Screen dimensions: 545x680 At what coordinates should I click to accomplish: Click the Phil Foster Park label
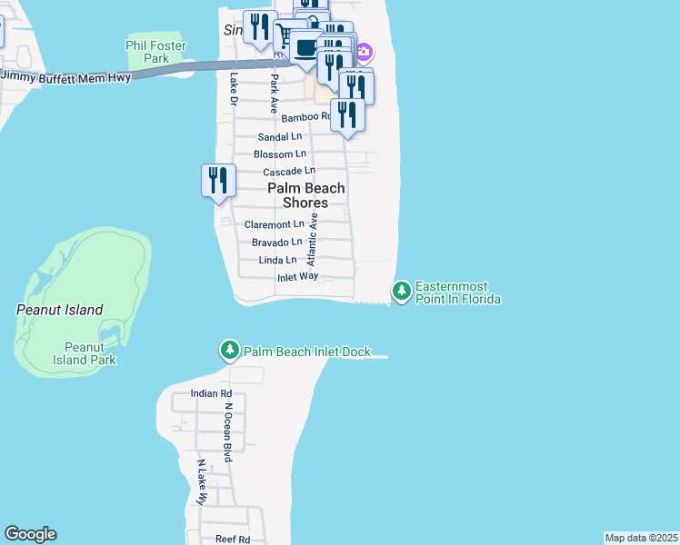click(x=155, y=52)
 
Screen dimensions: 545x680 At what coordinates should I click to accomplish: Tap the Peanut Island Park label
click(x=90, y=353)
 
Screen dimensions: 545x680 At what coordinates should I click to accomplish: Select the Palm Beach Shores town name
click(x=305, y=195)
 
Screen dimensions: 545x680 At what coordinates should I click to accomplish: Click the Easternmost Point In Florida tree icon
click(x=401, y=291)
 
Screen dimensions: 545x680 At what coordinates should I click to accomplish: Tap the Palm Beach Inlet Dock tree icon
click(x=230, y=351)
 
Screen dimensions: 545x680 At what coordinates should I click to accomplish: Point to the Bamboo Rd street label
click(x=305, y=117)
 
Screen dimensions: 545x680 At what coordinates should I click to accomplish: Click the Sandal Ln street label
click(x=280, y=136)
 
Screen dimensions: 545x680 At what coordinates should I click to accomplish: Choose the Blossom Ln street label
click(x=280, y=154)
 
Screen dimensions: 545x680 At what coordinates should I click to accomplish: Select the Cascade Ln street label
click(x=289, y=171)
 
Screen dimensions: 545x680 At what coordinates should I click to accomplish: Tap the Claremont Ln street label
click(x=275, y=224)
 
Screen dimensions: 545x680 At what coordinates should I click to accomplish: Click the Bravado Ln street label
click(x=276, y=243)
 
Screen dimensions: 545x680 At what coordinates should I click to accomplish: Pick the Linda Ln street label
click(x=278, y=261)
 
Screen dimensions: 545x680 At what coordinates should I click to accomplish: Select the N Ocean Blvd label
click(x=229, y=432)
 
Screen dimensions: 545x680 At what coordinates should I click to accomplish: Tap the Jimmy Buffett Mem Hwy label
click(x=66, y=78)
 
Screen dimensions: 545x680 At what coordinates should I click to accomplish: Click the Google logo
click(x=30, y=534)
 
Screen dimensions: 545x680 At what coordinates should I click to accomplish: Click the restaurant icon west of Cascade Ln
click(x=218, y=179)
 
